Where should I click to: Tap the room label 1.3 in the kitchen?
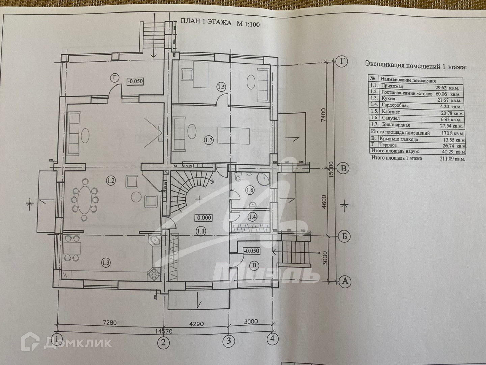pos(106,261)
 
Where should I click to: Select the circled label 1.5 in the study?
pos(221,88)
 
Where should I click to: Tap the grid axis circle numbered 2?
pos(164,342)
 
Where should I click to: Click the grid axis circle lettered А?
pos(345,281)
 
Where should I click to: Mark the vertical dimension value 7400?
pos(323,117)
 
